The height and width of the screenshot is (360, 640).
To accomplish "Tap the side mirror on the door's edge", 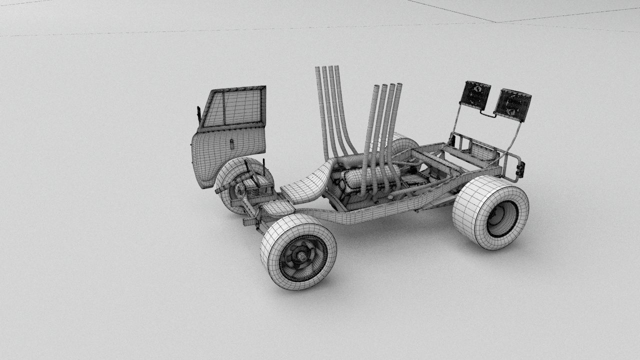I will point(199,114).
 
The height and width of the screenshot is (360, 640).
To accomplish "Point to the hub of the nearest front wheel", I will point(302,256).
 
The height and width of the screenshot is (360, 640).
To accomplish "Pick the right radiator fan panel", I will point(512,105).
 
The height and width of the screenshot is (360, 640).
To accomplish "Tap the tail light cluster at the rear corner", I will point(520,169).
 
